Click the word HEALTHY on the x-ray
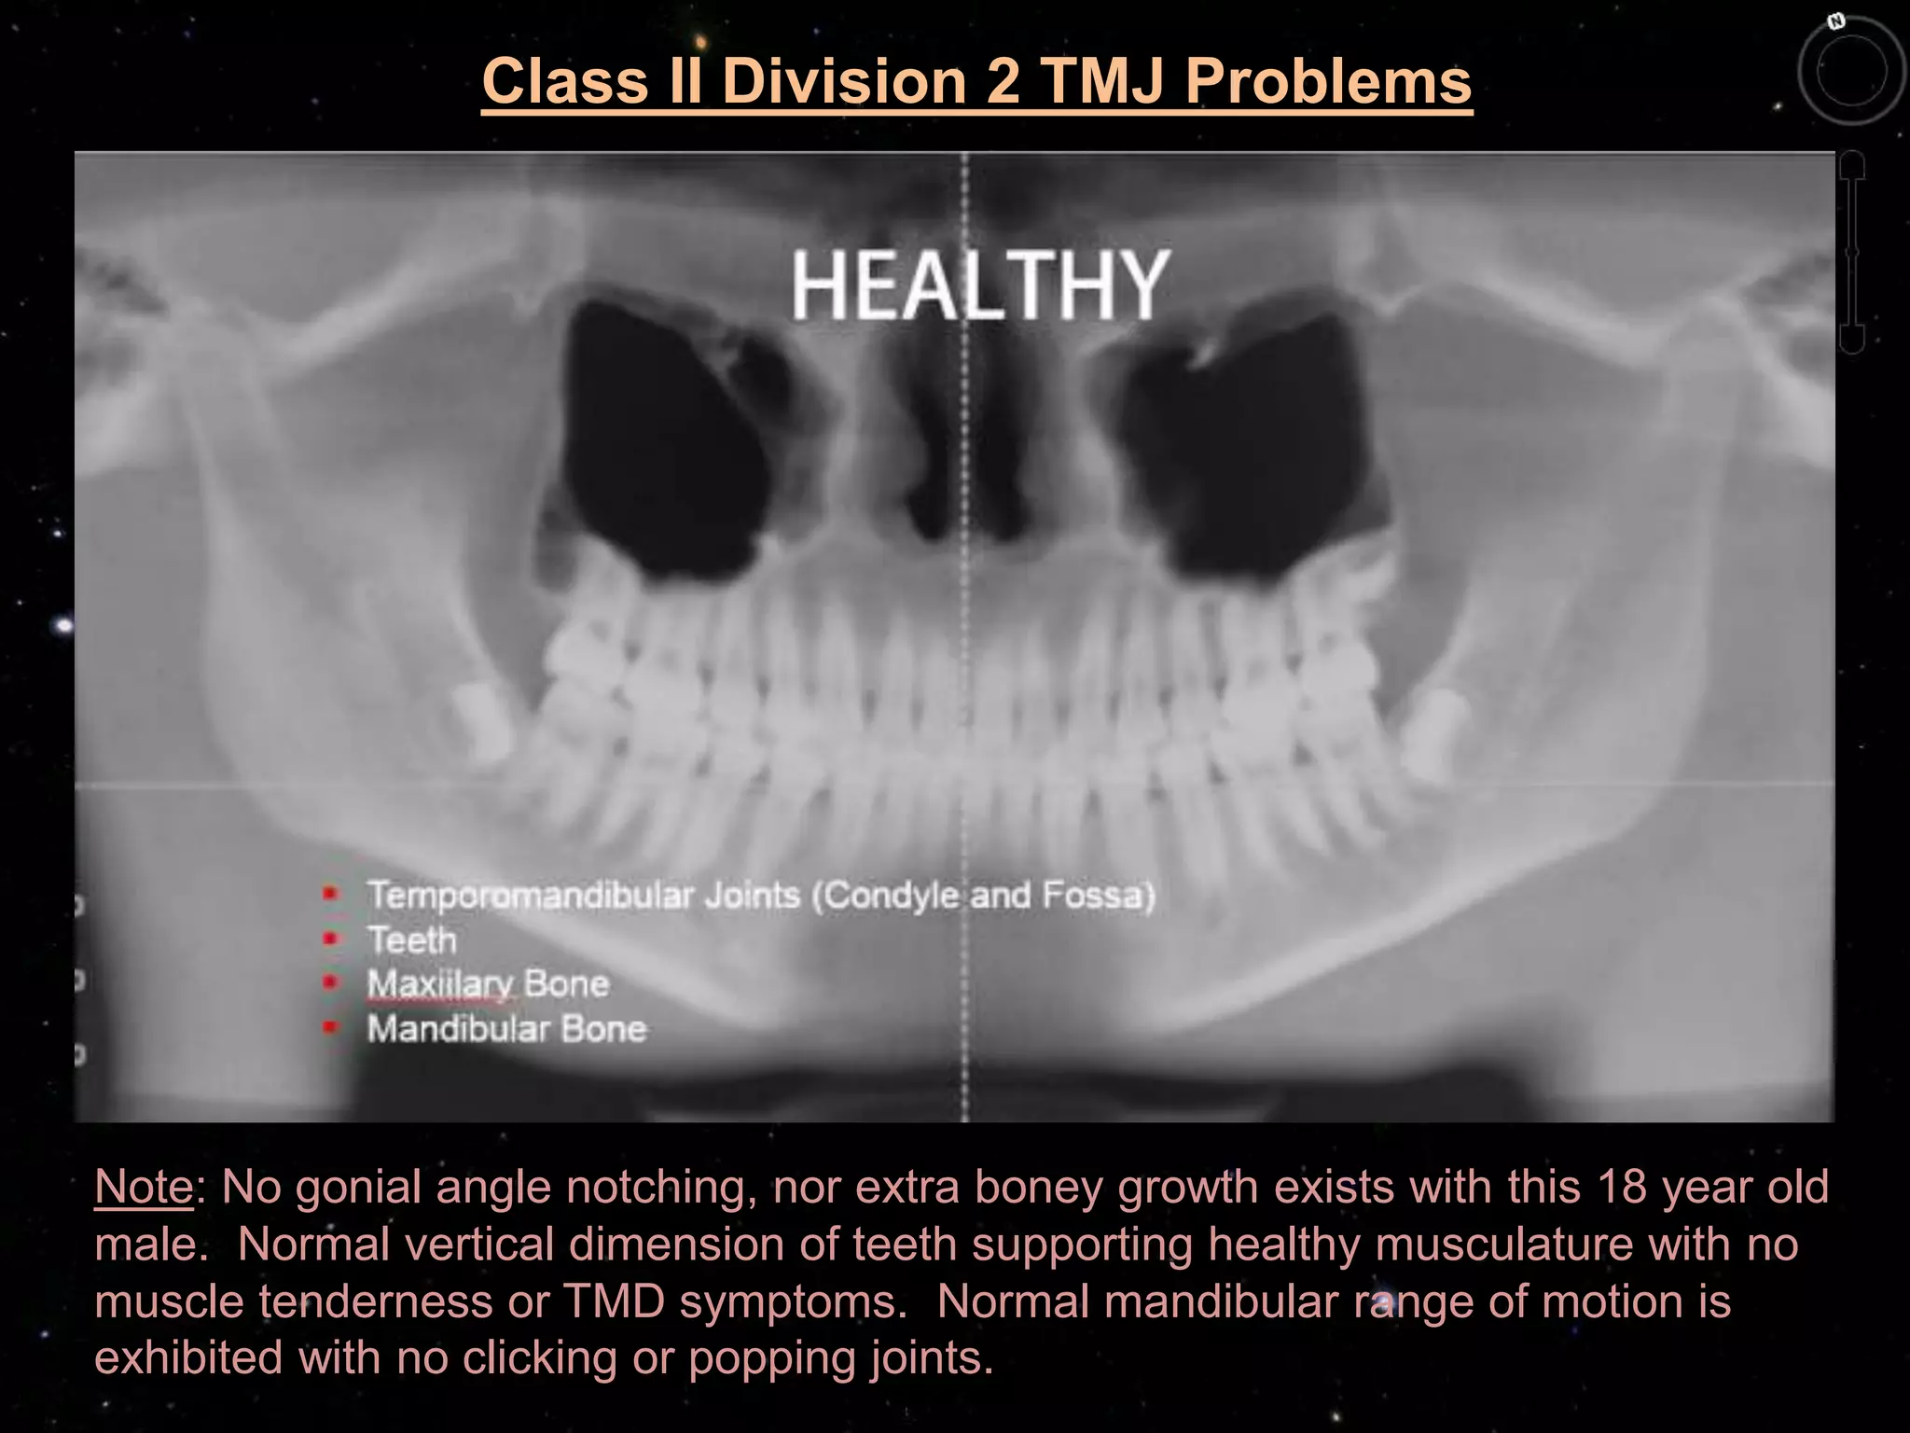(x=979, y=285)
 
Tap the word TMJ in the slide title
(x=1100, y=81)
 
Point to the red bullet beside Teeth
(x=329, y=939)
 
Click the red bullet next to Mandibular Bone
(x=329, y=1027)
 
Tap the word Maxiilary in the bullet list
(x=440, y=984)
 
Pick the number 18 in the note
(x=1621, y=1187)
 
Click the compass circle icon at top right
(x=1850, y=72)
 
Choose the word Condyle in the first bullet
(x=890, y=896)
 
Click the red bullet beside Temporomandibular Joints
(x=329, y=895)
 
